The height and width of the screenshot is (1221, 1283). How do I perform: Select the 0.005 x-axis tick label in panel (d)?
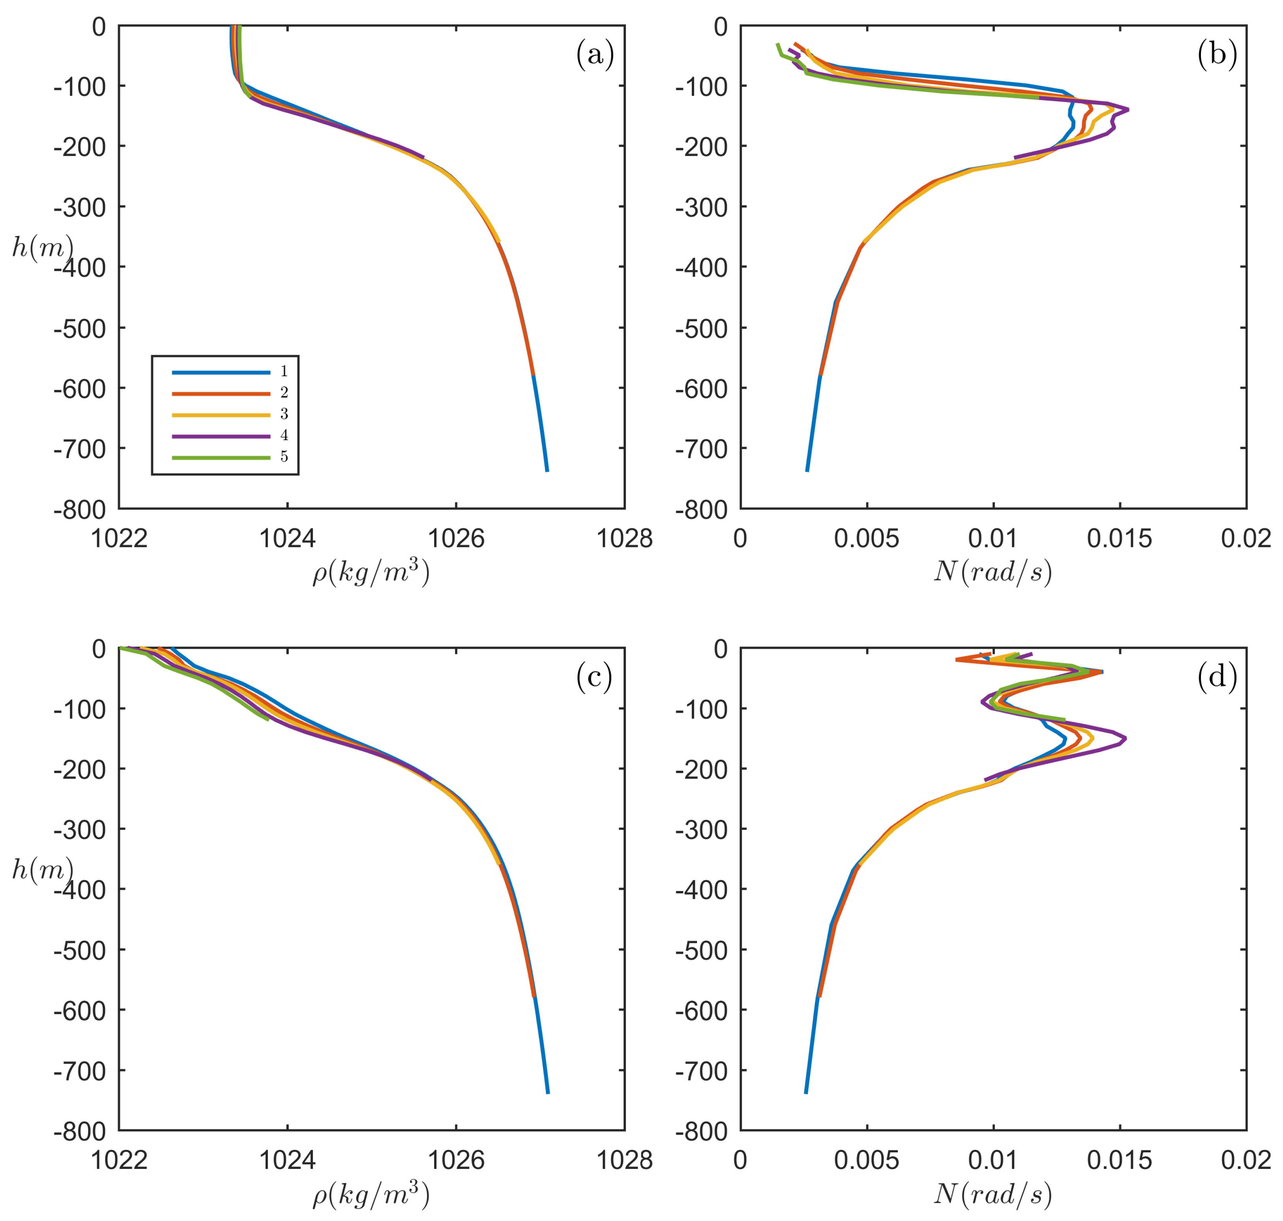coord(866,1161)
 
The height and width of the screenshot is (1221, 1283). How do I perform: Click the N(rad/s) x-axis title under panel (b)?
coord(993,571)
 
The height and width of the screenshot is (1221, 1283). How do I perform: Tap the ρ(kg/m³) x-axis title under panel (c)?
coord(371,1194)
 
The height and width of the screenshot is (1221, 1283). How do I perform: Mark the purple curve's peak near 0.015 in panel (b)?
coord(1128,109)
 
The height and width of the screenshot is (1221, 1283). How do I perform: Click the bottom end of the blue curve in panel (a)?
coord(547,470)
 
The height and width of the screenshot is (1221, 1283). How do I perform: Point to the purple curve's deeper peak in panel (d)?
coord(1125,739)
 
